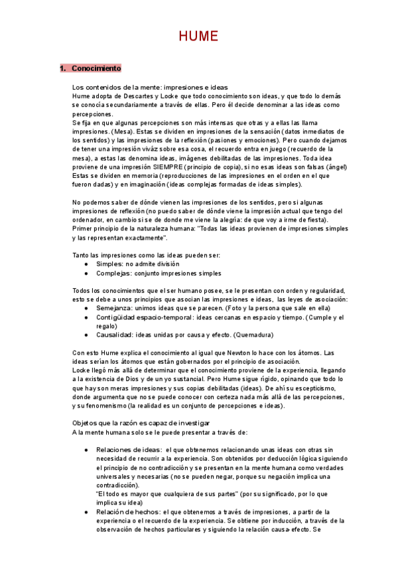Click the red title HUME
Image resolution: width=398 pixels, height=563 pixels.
pyautogui.click(x=198, y=37)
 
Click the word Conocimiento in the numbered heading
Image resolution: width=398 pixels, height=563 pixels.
pyautogui.click(x=96, y=68)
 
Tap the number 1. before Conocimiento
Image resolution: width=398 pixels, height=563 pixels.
pyautogui.click(x=63, y=68)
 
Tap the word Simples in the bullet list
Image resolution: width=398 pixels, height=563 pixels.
pyautogui.click(x=110, y=264)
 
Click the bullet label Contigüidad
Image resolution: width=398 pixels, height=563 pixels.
pyautogui.click(x=117, y=317)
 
